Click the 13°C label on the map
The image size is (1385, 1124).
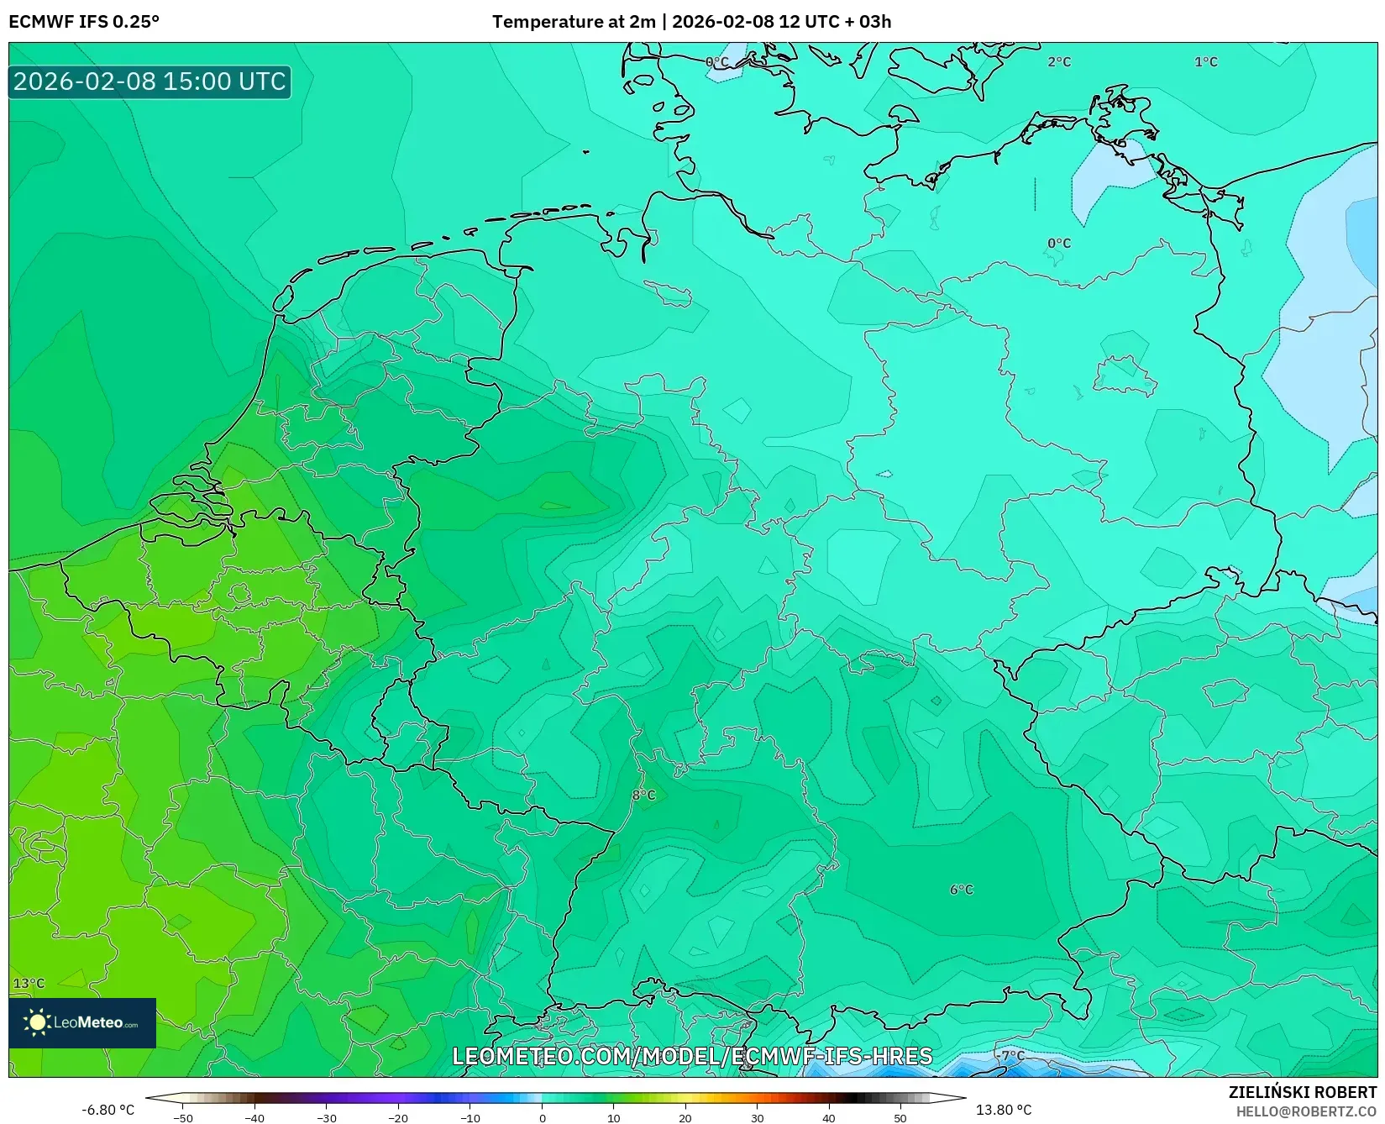29,983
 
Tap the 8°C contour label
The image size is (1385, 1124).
644,795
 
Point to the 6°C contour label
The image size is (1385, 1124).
962,890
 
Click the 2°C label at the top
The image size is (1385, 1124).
1059,61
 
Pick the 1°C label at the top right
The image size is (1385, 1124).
1206,61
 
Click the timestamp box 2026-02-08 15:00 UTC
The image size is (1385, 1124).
150,81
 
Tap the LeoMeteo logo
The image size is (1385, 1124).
82,1022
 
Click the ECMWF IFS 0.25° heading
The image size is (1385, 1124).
84,21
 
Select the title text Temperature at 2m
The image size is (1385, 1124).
574,21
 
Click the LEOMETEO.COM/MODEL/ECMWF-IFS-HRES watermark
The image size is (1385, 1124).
692,1056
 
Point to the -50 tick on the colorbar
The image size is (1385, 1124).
183,1118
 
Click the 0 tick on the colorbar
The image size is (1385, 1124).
542,1118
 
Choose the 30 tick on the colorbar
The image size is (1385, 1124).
758,1118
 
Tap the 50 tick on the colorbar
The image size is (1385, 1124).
900,1118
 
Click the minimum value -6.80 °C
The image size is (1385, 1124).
108,1110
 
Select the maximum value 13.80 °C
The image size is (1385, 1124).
1004,1110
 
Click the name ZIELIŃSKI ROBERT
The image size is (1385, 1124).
1303,1092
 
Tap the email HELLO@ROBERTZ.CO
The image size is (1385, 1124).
1306,1111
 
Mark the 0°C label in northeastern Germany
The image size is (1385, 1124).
1059,243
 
